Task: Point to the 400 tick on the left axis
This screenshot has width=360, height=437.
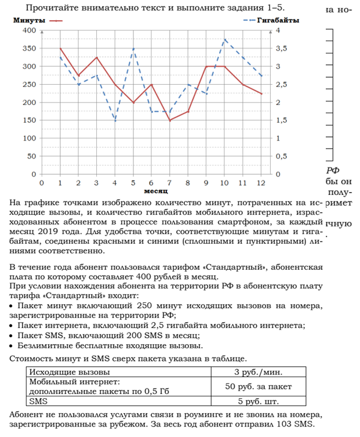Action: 27,30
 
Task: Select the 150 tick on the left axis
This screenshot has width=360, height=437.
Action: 27,120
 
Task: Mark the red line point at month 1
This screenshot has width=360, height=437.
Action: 60,48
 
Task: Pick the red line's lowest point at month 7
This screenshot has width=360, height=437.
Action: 169,120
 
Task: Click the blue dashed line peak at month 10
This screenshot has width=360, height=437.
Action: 224,39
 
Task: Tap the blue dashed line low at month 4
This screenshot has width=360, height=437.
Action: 115,120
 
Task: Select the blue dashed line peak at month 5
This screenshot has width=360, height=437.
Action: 133,48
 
